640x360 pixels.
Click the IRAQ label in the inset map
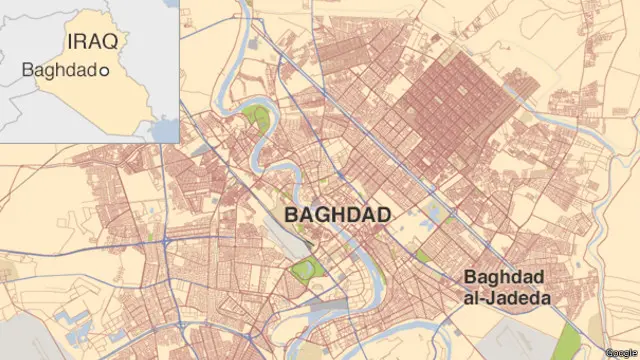click(92, 42)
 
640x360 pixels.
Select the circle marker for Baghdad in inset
click(104, 72)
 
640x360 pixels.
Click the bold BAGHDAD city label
click(337, 215)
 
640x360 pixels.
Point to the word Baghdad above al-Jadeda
click(504, 277)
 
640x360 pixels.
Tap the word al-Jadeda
click(506, 297)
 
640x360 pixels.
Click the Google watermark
click(620, 351)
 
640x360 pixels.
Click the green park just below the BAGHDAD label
click(302, 268)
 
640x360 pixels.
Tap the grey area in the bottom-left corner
click(15, 340)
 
